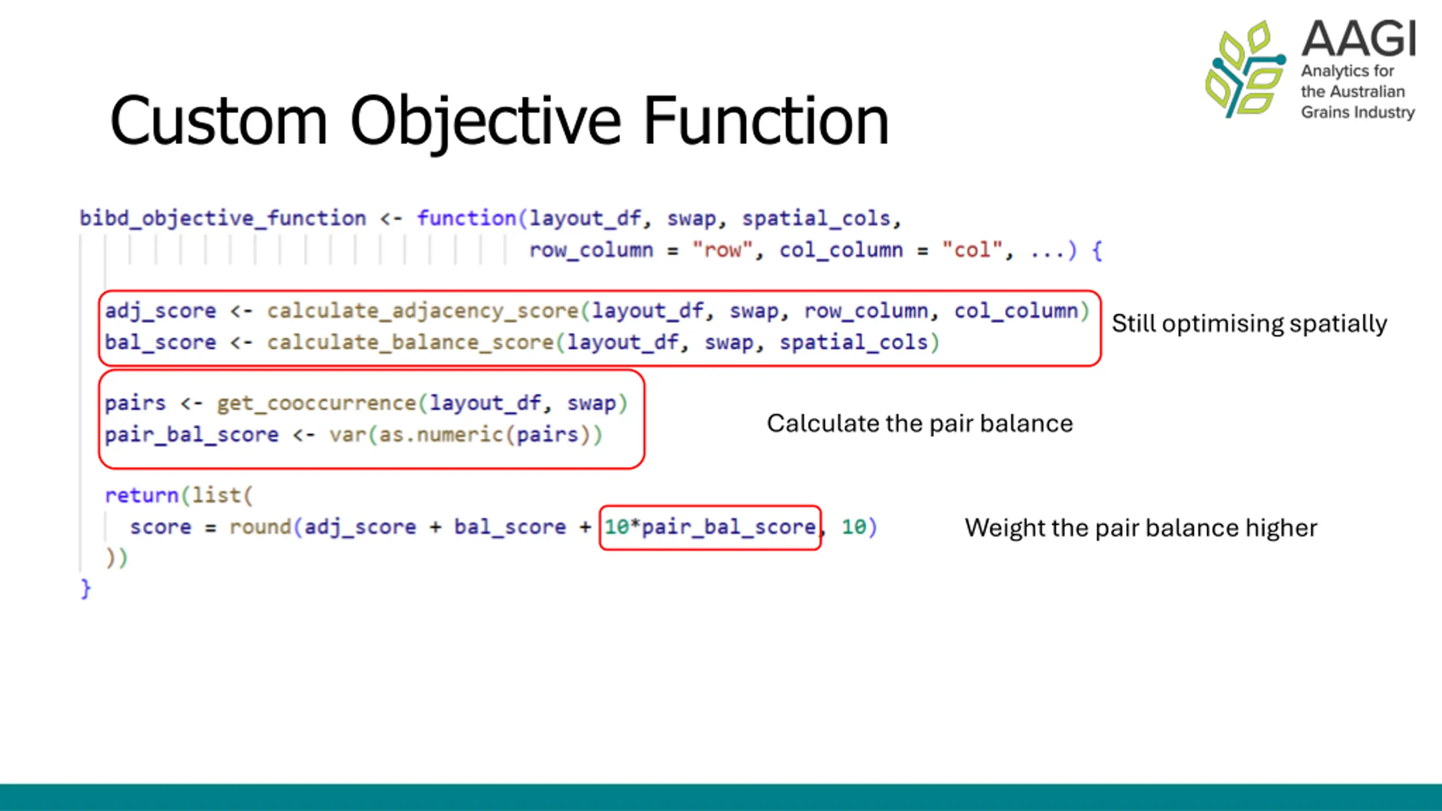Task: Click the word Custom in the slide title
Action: (219, 121)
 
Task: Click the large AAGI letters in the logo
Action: (1359, 38)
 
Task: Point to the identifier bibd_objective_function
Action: (223, 219)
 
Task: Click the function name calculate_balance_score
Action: (411, 342)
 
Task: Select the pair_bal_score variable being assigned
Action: (192, 435)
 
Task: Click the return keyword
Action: (141, 496)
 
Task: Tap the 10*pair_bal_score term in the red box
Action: (710, 527)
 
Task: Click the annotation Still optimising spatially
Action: (1249, 324)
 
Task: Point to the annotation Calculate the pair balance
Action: (920, 423)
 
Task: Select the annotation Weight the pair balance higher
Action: (1141, 528)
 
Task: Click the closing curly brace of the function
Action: (86, 589)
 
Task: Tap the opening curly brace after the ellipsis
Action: (1097, 250)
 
